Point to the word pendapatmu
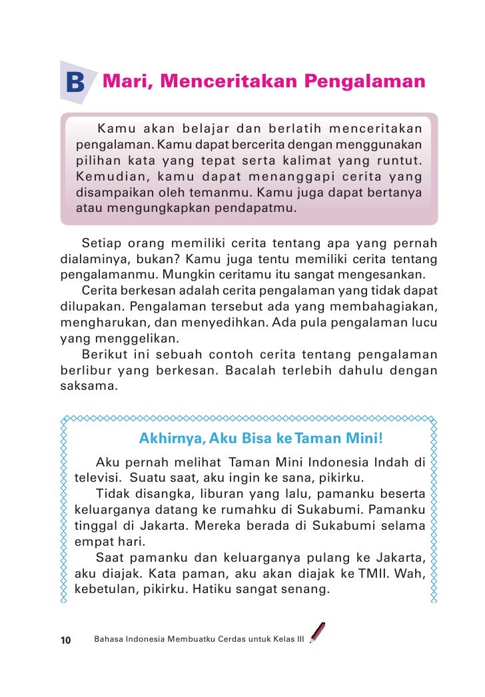click(260, 208)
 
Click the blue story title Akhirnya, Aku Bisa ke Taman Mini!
click(261, 440)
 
